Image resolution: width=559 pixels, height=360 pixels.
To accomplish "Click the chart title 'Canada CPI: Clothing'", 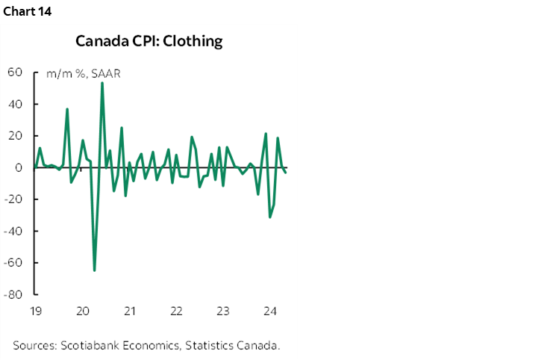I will (x=149, y=41).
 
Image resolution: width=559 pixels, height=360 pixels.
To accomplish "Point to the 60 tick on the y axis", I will (x=16, y=72).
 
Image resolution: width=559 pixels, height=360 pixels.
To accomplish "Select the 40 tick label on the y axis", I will (x=16, y=104).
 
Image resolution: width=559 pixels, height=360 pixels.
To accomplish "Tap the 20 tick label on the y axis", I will (x=16, y=136).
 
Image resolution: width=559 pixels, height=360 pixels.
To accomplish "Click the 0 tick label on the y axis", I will (x=19, y=167).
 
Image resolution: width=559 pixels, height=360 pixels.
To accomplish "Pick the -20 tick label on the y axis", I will (x=14, y=199).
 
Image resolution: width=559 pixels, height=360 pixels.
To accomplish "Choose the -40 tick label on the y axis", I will (x=14, y=231).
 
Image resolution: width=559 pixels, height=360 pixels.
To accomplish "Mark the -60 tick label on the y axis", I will (x=14, y=263).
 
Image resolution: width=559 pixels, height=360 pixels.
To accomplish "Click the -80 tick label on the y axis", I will (x=14, y=294).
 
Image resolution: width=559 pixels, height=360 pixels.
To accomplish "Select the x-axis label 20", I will (x=83, y=311).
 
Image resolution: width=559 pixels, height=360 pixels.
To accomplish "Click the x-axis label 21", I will (x=129, y=311).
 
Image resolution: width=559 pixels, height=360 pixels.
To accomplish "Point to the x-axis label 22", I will (x=176, y=311).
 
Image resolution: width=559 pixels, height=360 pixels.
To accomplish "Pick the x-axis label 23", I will (x=222, y=311).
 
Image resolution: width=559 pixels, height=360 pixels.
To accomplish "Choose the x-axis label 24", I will (x=269, y=311).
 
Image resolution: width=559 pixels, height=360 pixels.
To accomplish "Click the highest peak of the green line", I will (x=102, y=83).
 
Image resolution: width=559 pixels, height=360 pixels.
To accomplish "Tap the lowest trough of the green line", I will (x=94, y=270).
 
